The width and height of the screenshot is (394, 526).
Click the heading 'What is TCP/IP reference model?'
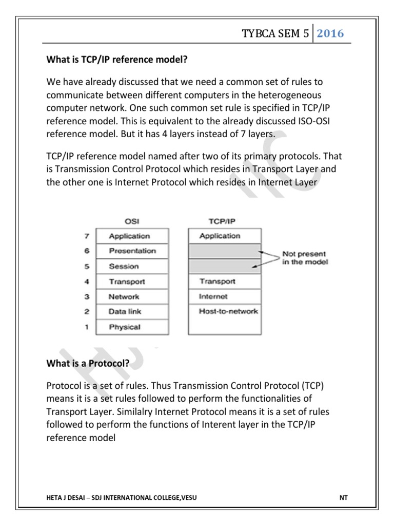point(116,60)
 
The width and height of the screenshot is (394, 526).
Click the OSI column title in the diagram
point(132,221)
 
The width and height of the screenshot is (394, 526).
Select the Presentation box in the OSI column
point(132,251)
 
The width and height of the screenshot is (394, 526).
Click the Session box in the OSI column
point(132,267)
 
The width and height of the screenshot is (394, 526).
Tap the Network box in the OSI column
point(132,296)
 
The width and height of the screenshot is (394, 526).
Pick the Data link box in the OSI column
point(132,311)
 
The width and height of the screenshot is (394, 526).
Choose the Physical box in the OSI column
point(132,327)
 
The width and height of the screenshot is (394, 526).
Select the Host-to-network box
point(224,311)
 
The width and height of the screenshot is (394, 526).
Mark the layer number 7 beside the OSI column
point(87,236)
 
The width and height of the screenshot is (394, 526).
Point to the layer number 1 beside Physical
point(87,327)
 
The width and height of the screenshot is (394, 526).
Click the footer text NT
point(343,498)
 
